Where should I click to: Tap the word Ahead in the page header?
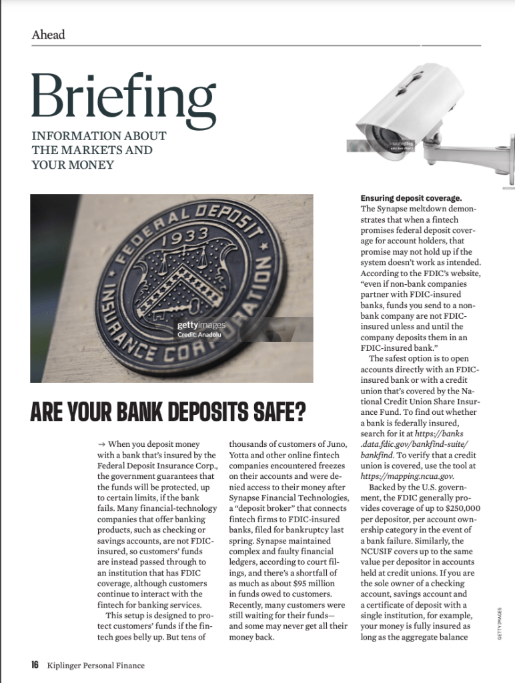pyautogui.click(x=48, y=35)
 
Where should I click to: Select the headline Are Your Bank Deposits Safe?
pyautogui.click(x=168, y=412)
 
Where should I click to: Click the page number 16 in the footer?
pyautogui.click(x=35, y=664)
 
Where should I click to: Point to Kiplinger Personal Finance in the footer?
pyautogui.click(x=95, y=665)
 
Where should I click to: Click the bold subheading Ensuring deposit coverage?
pyautogui.click(x=411, y=198)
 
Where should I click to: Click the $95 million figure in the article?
pyautogui.click(x=293, y=584)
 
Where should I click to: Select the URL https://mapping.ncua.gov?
pyautogui.click(x=408, y=476)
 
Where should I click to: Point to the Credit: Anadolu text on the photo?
pyautogui.click(x=199, y=334)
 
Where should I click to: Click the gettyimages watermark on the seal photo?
pyautogui.click(x=201, y=325)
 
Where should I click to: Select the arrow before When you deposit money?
pyautogui.click(x=101, y=444)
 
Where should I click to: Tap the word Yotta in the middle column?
pyautogui.click(x=241, y=455)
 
